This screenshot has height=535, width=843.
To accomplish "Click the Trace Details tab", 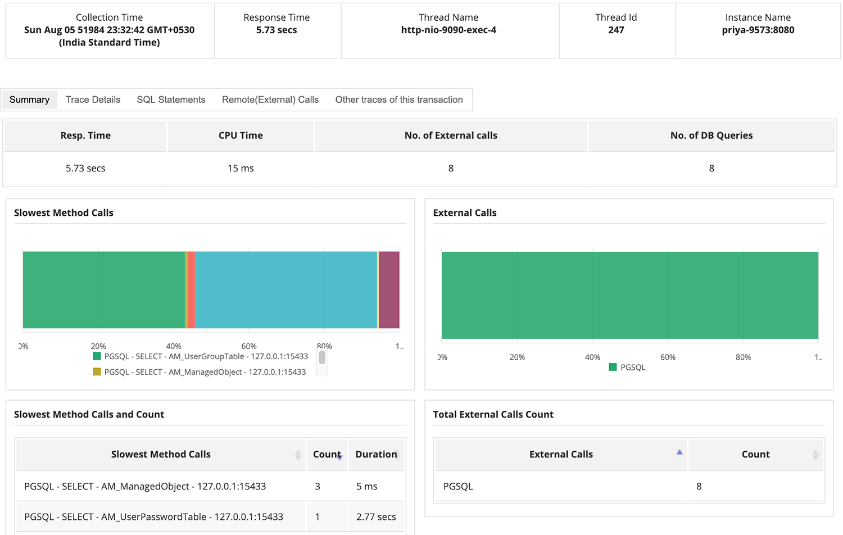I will (x=93, y=99).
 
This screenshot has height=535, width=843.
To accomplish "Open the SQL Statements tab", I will (x=171, y=99).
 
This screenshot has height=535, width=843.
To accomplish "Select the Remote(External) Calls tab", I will (x=270, y=99).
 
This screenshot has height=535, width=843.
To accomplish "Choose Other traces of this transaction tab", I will (x=398, y=99).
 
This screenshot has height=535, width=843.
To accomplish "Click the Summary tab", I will (x=29, y=99).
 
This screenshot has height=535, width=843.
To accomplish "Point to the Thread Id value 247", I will (x=616, y=30).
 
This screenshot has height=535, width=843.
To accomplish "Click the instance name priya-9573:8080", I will (x=758, y=30).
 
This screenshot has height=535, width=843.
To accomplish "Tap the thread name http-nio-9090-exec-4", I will (x=448, y=30).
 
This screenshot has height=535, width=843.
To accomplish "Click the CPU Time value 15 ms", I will (x=241, y=168).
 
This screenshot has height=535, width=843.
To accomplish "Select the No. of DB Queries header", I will (x=711, y=135).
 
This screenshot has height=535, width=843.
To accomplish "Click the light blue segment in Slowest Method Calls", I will (x=285, y=290).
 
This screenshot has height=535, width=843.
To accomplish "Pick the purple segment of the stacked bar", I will (x=389, y=290).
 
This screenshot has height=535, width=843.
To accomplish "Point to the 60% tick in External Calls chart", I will (x=668, y=357).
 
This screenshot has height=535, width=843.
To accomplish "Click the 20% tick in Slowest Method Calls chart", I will (x=98, y=346).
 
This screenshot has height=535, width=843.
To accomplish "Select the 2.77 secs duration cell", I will (x=375, y=516).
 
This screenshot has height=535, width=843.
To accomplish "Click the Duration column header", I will (x=376, y=454).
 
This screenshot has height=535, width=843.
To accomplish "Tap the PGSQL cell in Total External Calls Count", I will (x=458, y=486).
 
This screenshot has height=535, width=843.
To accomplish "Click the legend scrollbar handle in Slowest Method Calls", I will (x=322, y=357).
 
